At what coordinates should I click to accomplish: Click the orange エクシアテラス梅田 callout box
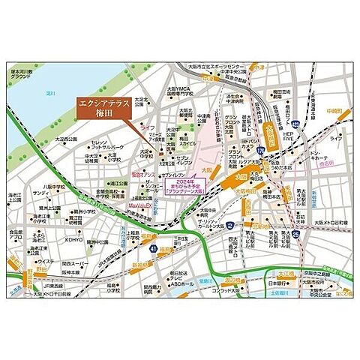tap(103, 109)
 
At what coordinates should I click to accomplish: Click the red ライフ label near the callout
tap(148, 130)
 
